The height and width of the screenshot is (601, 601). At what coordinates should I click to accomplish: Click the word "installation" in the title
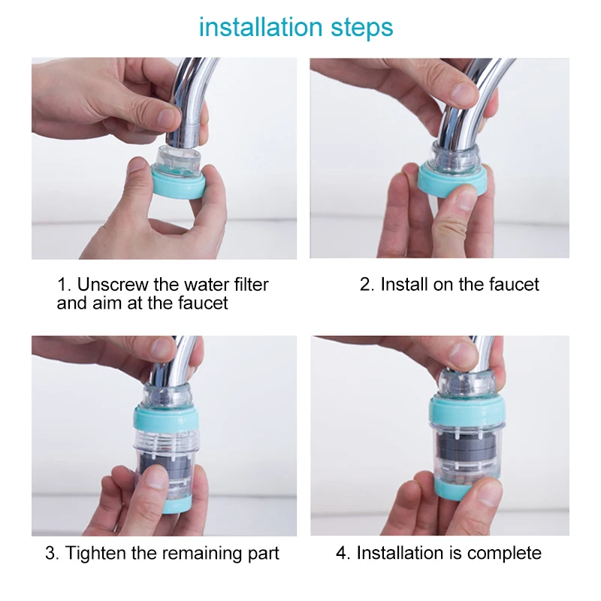coord(261,27)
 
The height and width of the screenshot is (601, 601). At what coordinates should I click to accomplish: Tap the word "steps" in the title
coord(362,29)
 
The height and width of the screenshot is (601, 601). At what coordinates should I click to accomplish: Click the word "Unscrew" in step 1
coord(113,285)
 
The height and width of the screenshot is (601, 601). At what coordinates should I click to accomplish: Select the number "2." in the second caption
coord(367,285)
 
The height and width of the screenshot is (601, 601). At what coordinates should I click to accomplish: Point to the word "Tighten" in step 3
coord(95,554)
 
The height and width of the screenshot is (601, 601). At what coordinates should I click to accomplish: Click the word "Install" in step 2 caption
coord(404,285)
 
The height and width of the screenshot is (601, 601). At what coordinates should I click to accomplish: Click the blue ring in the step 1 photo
coord(179,185)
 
